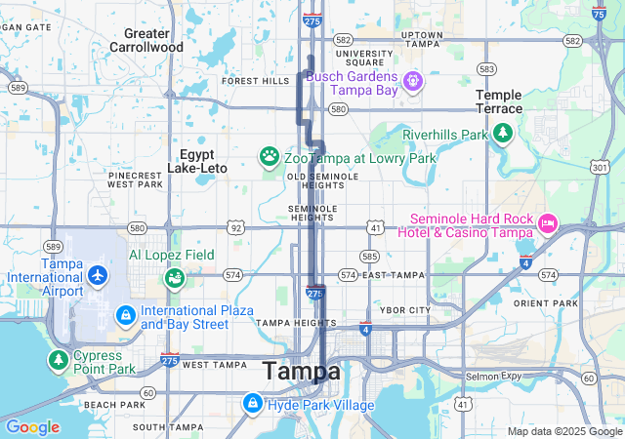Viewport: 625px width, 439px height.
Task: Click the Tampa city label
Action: (302, 372)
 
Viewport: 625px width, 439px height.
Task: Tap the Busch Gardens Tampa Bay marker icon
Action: (412, 78)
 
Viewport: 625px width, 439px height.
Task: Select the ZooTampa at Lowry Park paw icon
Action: (269, 156)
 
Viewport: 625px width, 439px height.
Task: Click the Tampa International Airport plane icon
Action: (97, 276)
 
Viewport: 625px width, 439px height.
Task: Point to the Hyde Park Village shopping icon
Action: (253, 402)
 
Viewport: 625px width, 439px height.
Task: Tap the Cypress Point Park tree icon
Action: (59, 359)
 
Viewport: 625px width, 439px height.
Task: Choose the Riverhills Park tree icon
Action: (503, 133)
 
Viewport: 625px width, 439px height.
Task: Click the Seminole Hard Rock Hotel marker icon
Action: (546, 224)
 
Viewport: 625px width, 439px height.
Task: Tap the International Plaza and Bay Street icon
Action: (126, 316)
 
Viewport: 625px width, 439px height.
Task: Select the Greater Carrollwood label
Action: (146, 40)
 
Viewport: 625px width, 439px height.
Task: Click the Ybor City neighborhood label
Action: (404, 310)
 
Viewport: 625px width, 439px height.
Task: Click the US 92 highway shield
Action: (235, 227)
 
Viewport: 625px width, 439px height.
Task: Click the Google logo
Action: (32, 427)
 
